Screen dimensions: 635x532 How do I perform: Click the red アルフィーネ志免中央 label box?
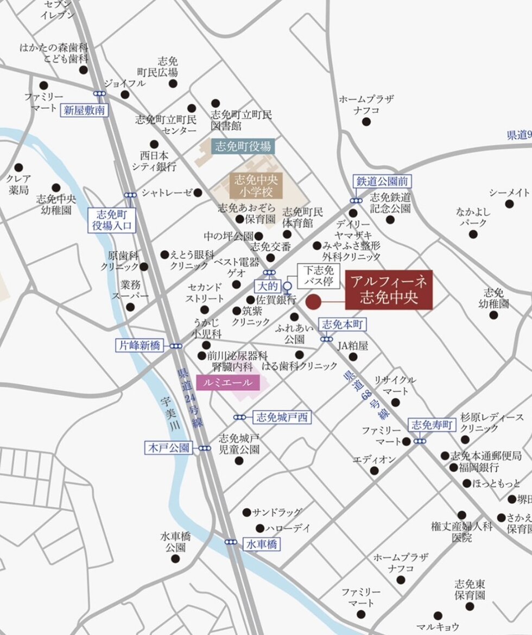point(389,290)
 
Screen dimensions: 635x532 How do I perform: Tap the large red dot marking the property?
point(314,302)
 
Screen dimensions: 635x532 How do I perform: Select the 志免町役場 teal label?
point(243,146)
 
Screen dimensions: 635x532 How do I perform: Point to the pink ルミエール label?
point(227,383)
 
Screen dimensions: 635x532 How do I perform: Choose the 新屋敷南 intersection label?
point(84,110)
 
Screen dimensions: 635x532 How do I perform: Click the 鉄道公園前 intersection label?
point(382,181)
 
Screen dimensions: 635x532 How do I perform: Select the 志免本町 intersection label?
point(343,325)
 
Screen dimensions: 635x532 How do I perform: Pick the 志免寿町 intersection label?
point(432,425)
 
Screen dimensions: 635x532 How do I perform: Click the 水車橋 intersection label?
point(262,544)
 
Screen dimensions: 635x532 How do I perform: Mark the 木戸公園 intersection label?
point(169,448)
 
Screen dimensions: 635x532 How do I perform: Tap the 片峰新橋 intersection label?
point(139,345)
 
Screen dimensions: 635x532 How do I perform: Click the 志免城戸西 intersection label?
point(282,417)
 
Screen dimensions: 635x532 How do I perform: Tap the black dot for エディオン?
point(374,471)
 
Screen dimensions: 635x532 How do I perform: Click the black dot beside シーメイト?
point(509,204)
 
